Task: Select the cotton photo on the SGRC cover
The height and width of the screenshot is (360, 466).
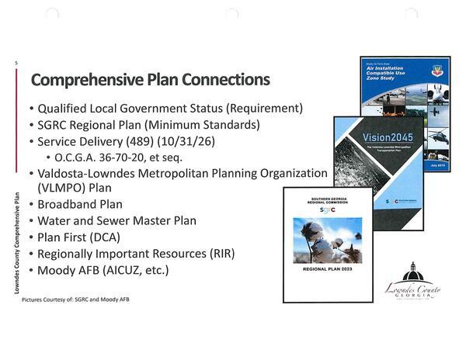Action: click(327, 240)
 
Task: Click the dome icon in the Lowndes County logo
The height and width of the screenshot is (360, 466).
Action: click(412, 272)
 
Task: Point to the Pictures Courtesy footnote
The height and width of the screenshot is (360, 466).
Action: click(75, 299)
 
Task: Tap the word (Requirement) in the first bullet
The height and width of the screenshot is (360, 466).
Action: click(260, 108)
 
